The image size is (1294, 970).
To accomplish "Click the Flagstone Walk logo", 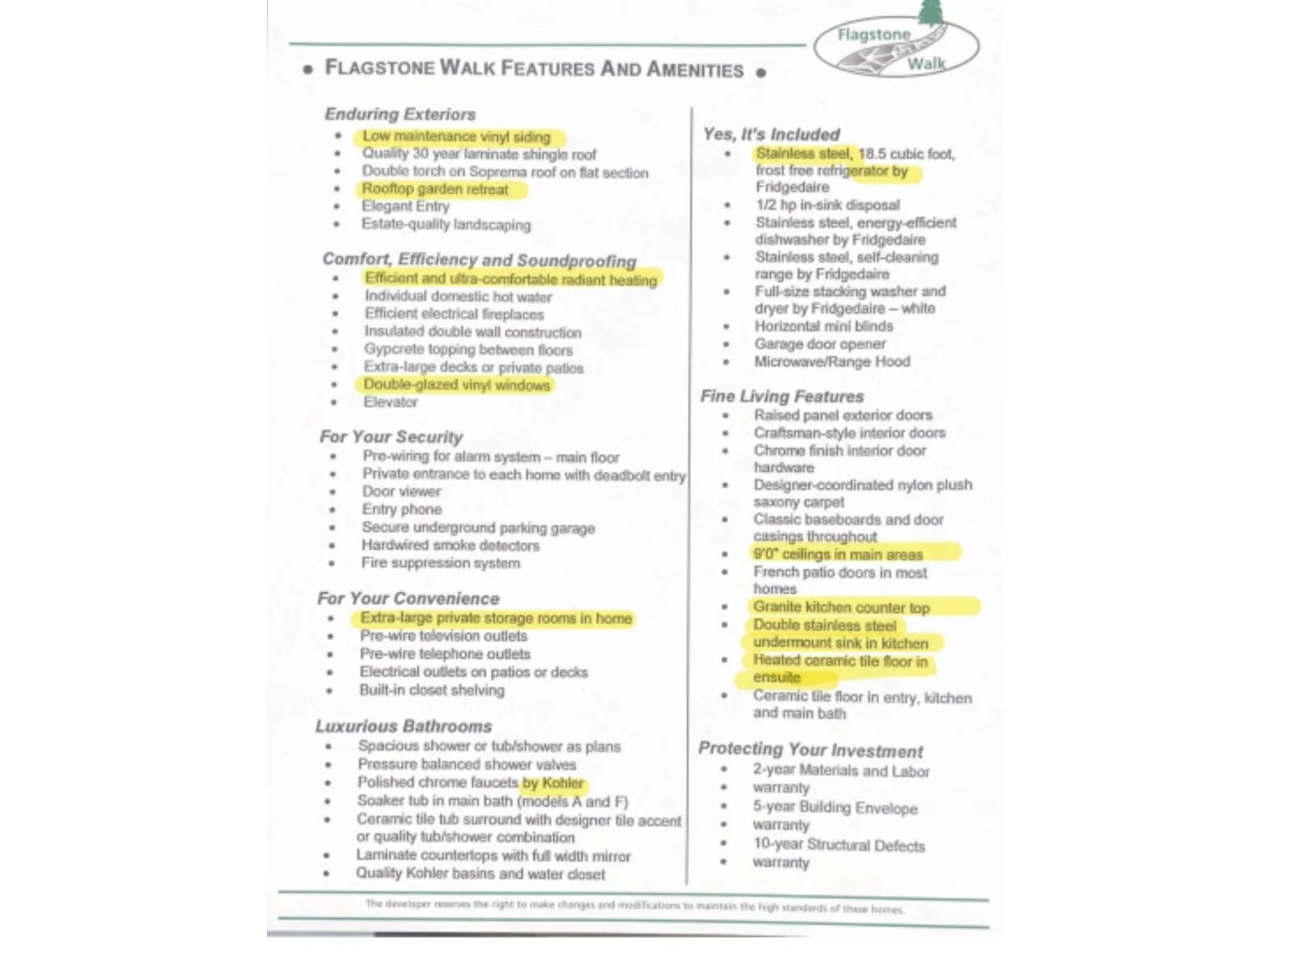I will [896, 47].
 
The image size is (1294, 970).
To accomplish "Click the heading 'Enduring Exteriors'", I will [400, 114].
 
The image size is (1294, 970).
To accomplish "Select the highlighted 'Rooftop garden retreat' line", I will [435, 189].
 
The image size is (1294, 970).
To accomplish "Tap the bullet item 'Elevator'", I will [391, 402].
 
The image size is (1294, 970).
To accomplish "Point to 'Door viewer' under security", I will [401, 491].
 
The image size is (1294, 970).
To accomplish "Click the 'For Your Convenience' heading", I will [408, 598].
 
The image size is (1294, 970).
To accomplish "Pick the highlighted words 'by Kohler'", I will [553, 783].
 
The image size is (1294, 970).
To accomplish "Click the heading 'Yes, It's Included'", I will [771, 134].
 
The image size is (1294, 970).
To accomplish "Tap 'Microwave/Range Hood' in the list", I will [831, 362].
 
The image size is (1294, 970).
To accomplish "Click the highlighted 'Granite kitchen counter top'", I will [841, 607].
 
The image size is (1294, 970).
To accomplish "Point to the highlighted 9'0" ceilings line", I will [838, 555].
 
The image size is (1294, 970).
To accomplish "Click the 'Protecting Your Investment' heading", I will [810, 750].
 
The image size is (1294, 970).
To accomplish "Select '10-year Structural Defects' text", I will [839, 845].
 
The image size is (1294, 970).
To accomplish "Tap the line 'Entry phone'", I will [401, 509].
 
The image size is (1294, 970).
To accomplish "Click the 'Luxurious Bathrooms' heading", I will [403, 726].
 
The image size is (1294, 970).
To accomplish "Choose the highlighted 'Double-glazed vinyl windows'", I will [456, 385].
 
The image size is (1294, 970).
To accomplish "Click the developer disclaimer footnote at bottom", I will [634, 906].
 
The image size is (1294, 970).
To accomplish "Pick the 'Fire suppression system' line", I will [440, 563].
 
